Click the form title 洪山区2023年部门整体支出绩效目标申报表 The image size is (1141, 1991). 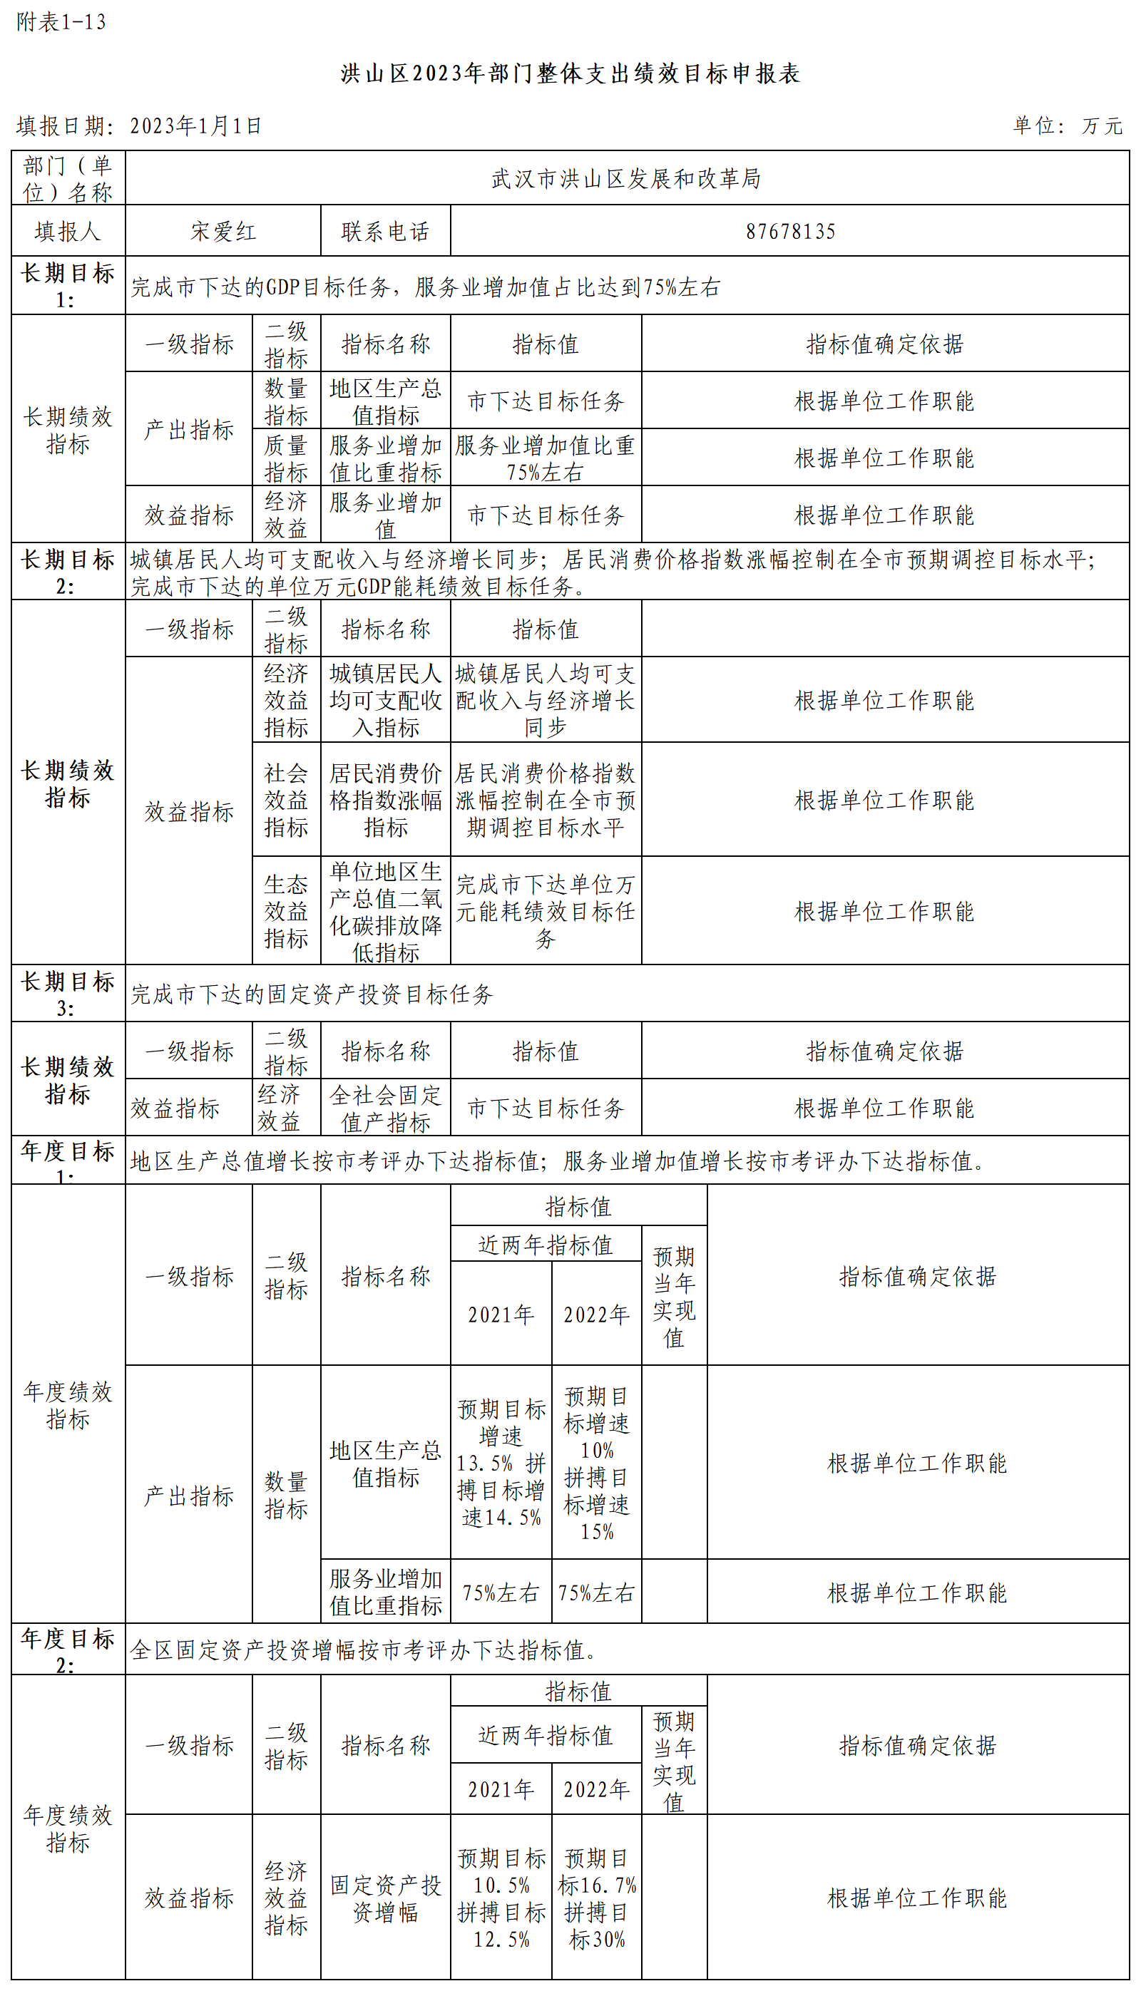(x=570, y=73)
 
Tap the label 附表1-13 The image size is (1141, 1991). (x=61, y=22)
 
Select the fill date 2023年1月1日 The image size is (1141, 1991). (x=195, y=126)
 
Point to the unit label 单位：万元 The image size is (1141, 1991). (x=1068, y=126)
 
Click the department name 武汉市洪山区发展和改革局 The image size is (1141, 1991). (x=626, y=179)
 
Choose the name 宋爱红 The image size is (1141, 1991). (x=223, y=232)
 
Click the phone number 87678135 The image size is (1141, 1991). (x=790, y=232)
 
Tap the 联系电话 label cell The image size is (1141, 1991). (x=386, y=232)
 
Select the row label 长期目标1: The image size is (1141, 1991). (x=68, y=286)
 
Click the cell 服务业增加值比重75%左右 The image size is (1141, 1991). (x=546, y=458)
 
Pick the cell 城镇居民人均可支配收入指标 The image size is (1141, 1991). (x=386, y=700)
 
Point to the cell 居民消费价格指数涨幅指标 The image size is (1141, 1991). (x=386, y=800)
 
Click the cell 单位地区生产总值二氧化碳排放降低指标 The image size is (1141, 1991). (x=386, y=911)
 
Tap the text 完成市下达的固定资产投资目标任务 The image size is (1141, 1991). (x=312, y=994)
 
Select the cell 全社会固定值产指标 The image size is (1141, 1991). (x=386, y=1108)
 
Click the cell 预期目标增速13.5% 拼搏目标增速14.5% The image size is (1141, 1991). (x=501, y=1462)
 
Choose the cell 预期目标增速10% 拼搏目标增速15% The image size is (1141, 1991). (x=596, y=1462)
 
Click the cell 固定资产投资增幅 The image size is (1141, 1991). (x=386, y=1898)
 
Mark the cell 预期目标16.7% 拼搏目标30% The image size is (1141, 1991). (x=596, y=1898)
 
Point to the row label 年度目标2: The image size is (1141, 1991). (x=68, y=1650)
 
